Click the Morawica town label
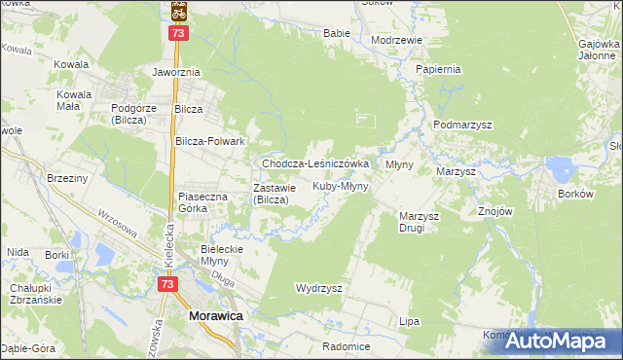(215, 316)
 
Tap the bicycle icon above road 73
(178, 11)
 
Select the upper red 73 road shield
(178, 33)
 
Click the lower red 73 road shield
(167, 283)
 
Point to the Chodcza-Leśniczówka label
(314, 163)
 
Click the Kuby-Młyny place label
(340, 186)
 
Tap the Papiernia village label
(437, 70)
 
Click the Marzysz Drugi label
(420, 222)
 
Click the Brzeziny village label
(68, 178)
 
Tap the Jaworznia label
(175, 72)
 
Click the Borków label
(575, 194)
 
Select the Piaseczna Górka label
(202, 201)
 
